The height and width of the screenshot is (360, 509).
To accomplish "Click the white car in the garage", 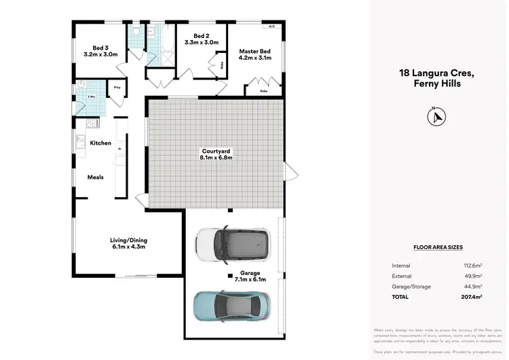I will click(232, 242).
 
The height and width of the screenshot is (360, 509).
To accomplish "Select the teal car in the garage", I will click(232, 306).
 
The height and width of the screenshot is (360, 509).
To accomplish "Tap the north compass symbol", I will click(435, 117).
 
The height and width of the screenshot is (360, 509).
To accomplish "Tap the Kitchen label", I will click(100, 143).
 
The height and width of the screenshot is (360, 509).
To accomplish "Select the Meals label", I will click(95, 177).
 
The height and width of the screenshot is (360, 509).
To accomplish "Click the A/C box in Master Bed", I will click(271, 26).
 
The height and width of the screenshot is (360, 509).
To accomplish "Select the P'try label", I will click(117, 87).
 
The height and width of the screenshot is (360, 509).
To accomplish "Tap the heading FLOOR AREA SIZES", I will click(438, 248).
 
